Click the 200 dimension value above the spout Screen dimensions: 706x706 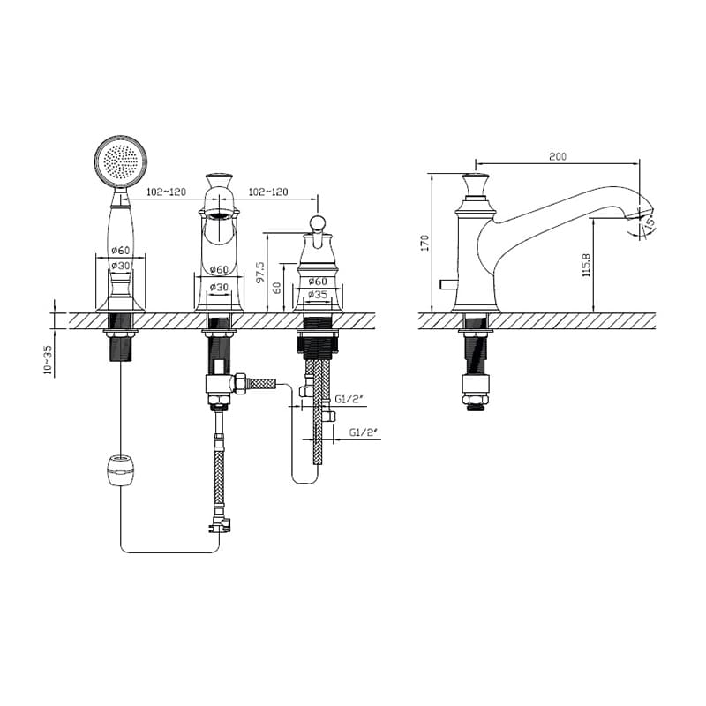(x=558, y=157)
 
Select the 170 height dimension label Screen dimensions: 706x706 (x=424, y=243)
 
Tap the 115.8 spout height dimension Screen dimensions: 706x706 (x=586, y=265)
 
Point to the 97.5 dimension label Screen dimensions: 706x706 (x=260, y=273)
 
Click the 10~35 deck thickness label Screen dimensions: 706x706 (x=48, y=361)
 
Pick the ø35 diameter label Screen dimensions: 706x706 (x=318, y=295)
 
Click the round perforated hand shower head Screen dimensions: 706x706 (x=121, y=161)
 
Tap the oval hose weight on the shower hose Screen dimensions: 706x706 (x=122, y=470)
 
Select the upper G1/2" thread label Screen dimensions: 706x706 (x=349, y=399)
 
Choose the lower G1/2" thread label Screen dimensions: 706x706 (x=364, y=432)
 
